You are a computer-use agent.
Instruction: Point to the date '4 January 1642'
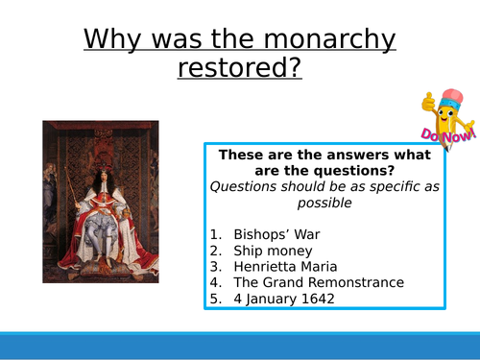[x=287, y=299]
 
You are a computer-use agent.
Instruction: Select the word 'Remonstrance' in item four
[x=356, y=282]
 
